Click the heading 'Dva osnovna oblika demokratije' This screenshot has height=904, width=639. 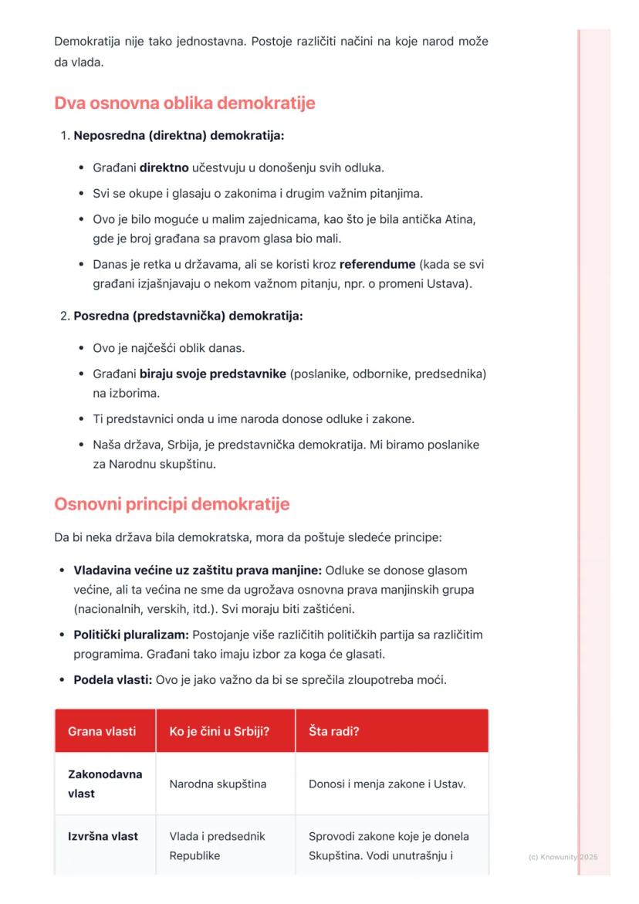184,103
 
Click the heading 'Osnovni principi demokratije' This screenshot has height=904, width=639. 171,505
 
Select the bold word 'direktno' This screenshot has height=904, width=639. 164,168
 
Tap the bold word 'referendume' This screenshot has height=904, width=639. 377,264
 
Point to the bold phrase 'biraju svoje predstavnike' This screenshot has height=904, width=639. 213,374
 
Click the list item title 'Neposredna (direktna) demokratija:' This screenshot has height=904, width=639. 179,136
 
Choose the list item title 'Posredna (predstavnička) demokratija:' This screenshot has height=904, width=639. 188,317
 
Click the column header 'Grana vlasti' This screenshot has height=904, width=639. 102,731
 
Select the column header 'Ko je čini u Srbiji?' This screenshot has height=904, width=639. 219,731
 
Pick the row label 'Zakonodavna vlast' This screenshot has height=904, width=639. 105,784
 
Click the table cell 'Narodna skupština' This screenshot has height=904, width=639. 218,784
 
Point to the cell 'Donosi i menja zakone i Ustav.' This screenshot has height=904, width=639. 387,784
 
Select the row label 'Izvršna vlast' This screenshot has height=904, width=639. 103,837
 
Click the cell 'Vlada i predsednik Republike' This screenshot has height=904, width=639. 217,846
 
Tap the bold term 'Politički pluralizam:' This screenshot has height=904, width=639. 131,635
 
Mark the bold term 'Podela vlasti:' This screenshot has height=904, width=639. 113,681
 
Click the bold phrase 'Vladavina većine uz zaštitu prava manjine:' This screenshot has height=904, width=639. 198,571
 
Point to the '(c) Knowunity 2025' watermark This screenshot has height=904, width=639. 563,857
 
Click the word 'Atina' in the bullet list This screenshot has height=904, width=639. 460,219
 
